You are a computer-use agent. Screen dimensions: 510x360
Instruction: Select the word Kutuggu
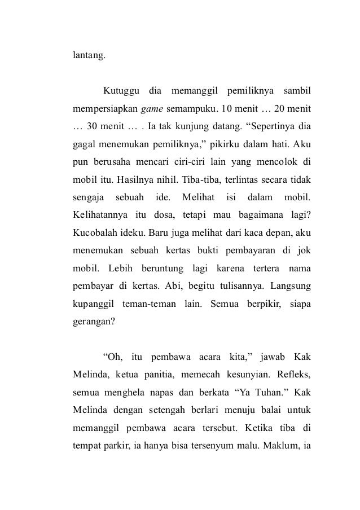(x=120, y=91)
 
